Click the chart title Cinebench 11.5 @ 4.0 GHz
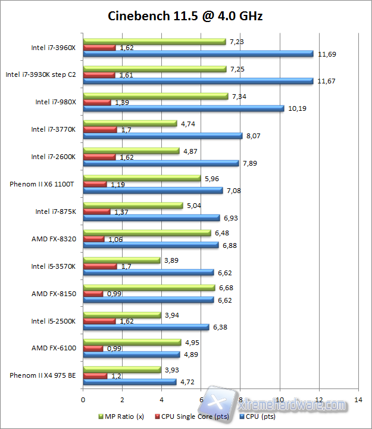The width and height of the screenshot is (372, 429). tap(185, 15)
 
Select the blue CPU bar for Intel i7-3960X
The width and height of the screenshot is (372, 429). tap(198, 54)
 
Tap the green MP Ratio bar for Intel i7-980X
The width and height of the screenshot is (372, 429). tap(155, 96)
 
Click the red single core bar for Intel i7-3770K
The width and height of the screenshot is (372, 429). tap(100, 129)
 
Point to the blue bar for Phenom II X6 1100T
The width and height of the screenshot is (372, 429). tap(152, 191)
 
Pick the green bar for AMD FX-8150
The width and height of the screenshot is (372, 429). tap(149, 288)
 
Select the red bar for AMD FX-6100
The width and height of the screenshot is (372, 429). tap(93, 348)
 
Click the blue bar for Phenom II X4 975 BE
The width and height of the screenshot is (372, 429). tap(130, 382)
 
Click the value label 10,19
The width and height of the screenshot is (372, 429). tap(298, 109)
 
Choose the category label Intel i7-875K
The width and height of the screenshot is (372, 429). tap(55, 211)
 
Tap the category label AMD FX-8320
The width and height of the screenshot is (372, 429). tap(53, 238)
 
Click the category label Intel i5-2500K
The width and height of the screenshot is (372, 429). tap(54, 321)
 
